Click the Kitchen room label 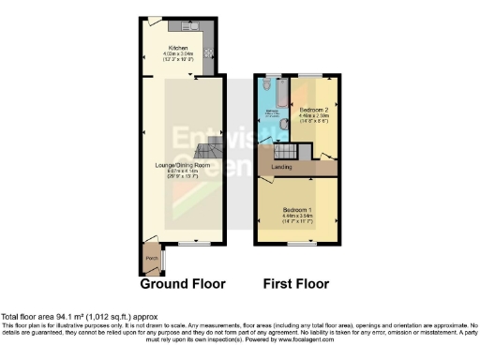click(178, 48)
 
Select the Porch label click(150, 256)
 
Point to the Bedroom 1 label click(298, 210)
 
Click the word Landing click(281, 168)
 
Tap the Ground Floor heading click(184, 283)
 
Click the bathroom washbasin click(281, 127)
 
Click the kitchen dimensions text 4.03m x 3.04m click(178, 54)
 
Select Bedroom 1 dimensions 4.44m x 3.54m click(298, 217)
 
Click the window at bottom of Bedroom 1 click(298, 243)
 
